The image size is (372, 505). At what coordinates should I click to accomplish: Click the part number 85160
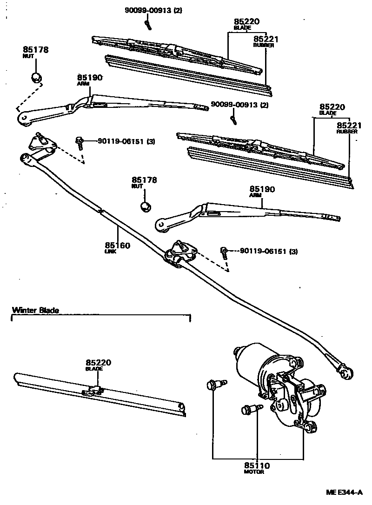(117, 245)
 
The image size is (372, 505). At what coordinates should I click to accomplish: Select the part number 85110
(256, 465)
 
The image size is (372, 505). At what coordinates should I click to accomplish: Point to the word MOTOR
(254, 472)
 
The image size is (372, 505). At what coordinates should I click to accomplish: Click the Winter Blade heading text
(36, 310)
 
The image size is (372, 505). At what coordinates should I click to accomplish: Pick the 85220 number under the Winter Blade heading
(98, 362)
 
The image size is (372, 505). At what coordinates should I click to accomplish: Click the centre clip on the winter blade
(93, 390)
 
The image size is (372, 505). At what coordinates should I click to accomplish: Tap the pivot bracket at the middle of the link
(181, 253)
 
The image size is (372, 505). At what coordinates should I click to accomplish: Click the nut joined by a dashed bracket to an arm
(36, 77)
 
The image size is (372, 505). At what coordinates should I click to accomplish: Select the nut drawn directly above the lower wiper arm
(145, 206)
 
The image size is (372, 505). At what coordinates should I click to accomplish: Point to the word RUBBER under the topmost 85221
(263, 46)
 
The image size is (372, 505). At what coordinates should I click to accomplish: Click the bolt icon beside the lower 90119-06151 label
(225, 252)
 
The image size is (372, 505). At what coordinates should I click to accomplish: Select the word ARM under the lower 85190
(255, 195)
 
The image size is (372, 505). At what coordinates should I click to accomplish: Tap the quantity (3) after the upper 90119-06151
(151, 141)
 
